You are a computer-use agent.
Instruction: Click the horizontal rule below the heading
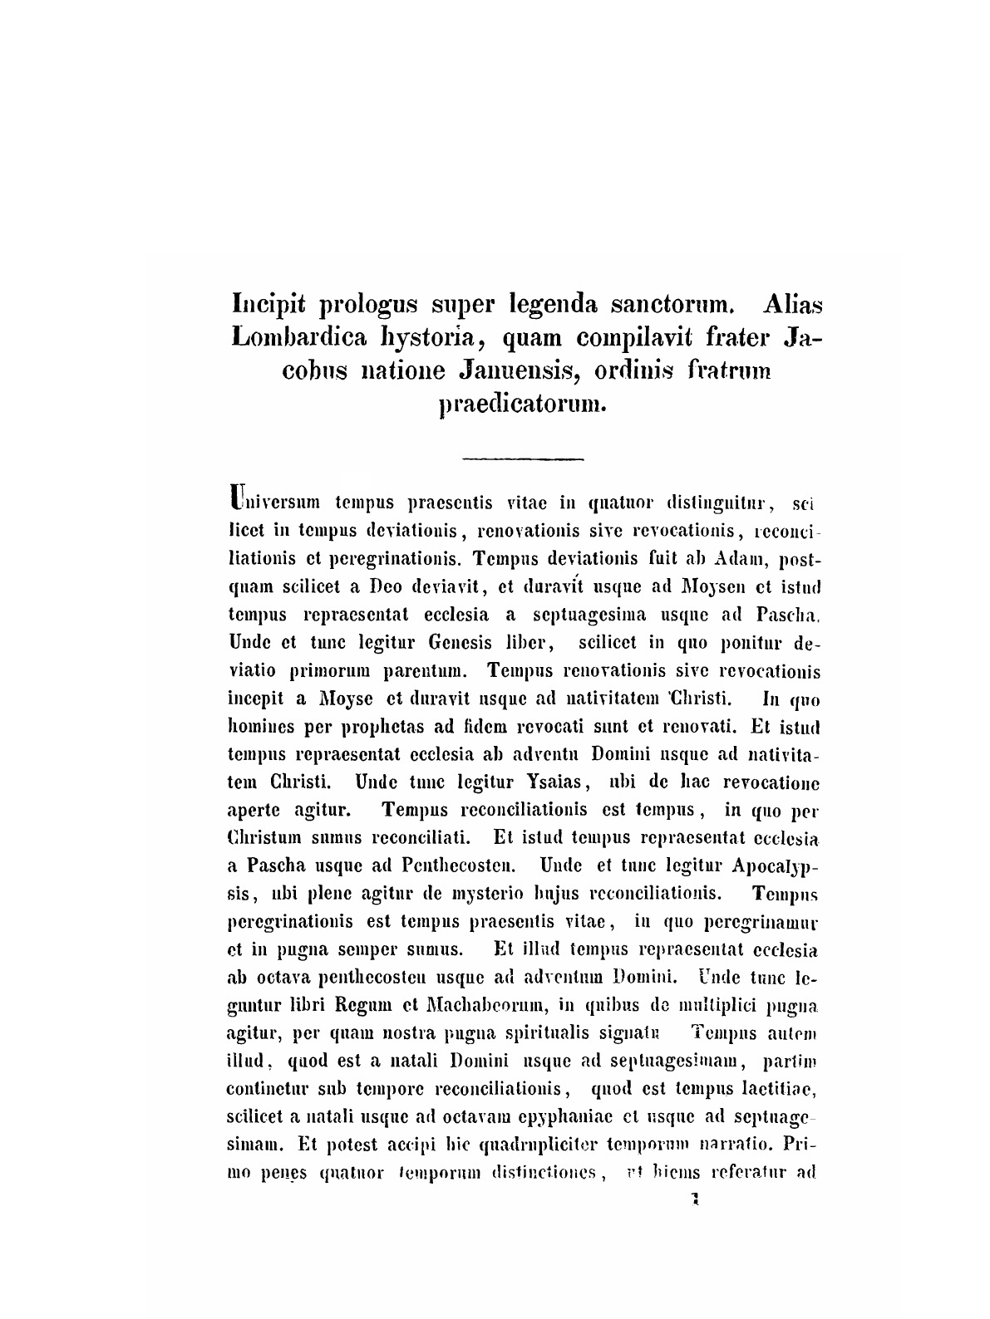pyautogui.click(x=524, y=458)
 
